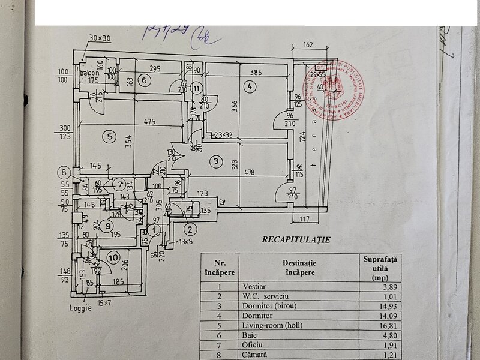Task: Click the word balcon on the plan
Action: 92,73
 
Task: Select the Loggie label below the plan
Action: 80,310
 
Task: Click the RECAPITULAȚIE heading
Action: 296,239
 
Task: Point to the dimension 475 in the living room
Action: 149,122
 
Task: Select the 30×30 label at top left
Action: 100,38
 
